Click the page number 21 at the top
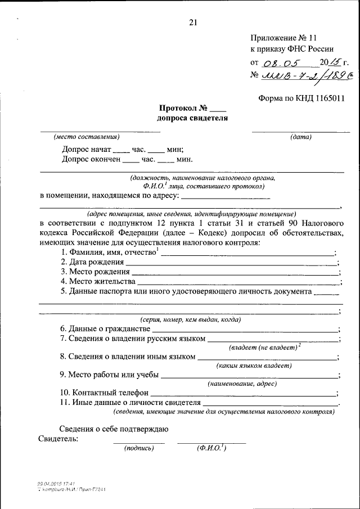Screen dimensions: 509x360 (193, 23)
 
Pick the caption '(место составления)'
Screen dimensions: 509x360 (87, 137)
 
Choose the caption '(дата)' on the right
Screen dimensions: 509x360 (301, 137)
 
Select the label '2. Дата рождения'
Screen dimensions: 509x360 (92, 263)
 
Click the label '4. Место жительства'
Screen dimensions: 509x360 (98, 281)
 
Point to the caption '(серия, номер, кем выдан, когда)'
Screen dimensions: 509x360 (191, 319)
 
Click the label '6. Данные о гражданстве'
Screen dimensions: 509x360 (105, 328)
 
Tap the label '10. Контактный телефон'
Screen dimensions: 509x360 (104, 393)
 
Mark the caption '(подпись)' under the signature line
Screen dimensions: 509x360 (139, 448)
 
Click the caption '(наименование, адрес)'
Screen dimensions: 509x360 (242, 384)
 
